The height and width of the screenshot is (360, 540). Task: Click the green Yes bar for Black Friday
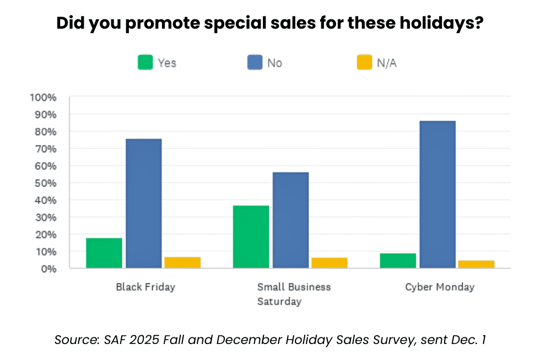[x=104, y=253]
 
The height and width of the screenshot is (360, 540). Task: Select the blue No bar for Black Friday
[x=143, y=203]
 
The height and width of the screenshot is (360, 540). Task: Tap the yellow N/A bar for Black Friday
[x=182, y=262]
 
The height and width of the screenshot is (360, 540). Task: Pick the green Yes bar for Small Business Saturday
[x=251, y=237]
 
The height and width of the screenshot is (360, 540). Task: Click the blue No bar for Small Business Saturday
[x=290, y=220]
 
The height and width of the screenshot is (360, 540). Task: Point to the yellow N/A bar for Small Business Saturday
[x=329, y=262]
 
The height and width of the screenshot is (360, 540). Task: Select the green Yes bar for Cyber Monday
[x=398, y=261]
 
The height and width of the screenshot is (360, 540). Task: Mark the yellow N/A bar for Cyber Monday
[x=476, y=264]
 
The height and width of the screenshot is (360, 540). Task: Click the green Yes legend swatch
[x=145, y=63]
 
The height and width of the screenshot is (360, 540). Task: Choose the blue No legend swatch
[x=255, y=63]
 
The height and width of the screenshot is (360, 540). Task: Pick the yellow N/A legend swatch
[x=364, y=63]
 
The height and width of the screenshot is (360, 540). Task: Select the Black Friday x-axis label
[x=145, y=287]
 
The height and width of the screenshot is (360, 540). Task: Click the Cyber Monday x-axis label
[x=439, y=287]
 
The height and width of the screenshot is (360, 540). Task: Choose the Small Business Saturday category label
[x=294, y=294]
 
